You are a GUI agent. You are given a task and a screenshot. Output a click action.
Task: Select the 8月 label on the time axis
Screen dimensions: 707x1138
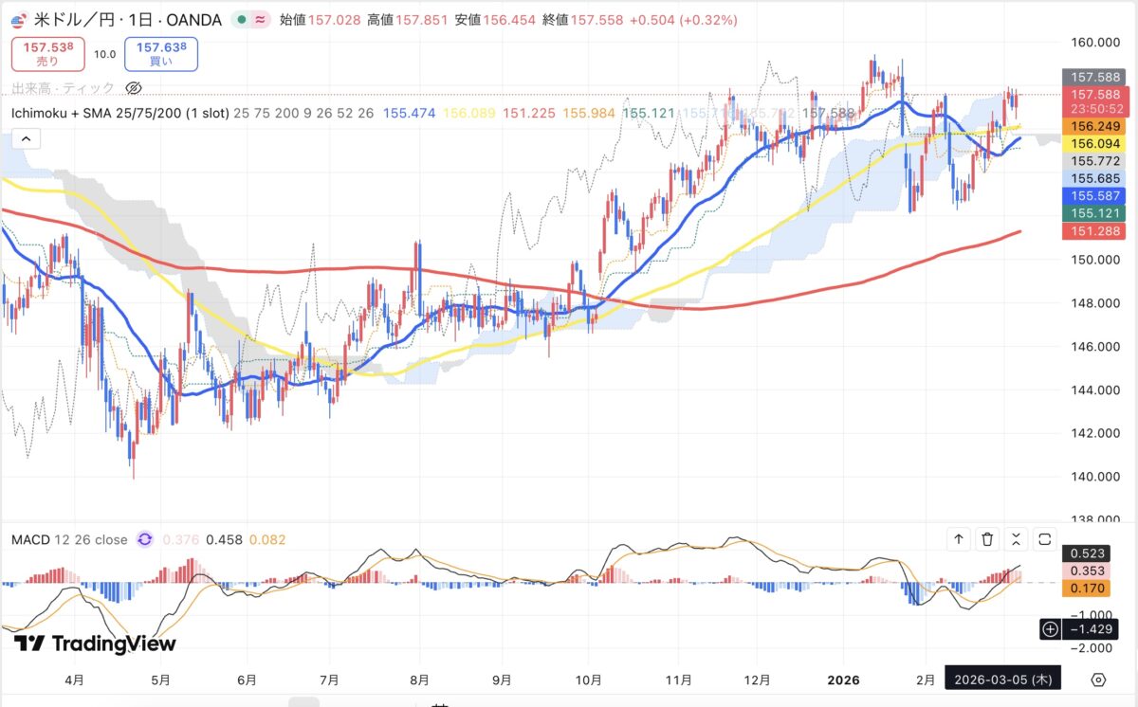pyautogui.click(x=420, y=680)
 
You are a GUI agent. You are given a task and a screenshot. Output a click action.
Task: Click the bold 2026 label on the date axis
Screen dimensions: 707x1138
pyautogui.click(x=842, y=680)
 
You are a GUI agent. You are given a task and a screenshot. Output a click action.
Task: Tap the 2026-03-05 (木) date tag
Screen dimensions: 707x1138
pyautogui.click(x=1005, y=680)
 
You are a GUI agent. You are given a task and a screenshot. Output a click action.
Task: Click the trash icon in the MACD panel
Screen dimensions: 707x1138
pyautogui.click(x=987, y=539)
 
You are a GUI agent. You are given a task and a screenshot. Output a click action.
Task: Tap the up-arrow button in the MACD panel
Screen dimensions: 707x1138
pyautogui.click(x=959, y=539)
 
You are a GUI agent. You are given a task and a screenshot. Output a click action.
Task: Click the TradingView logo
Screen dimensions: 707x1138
pyautogui.click(x=95, y=644)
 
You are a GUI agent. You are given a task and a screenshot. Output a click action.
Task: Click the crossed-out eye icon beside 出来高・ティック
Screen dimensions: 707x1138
pyautogui.click(x=134, y=88)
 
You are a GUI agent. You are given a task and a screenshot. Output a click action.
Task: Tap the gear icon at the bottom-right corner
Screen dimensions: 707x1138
pyautogui.click(x=1098, y=680)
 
